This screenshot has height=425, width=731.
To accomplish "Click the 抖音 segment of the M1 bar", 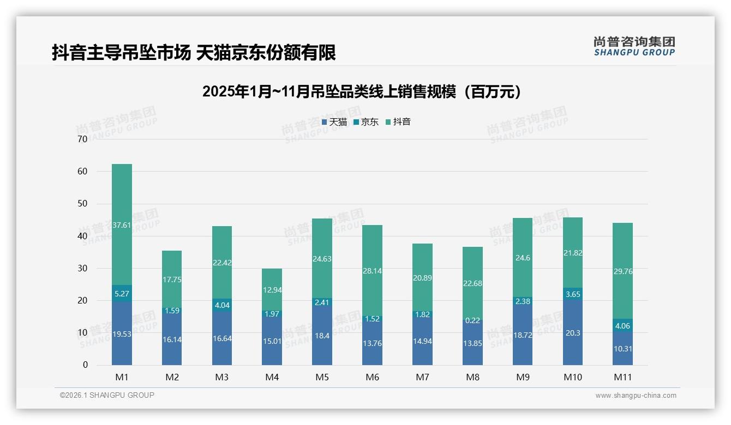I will point(122,224).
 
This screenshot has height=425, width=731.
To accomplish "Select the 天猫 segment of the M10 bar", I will point(572,332).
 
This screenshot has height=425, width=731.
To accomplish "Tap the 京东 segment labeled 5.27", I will point(122,294).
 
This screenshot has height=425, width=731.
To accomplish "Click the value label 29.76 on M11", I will point(622,271).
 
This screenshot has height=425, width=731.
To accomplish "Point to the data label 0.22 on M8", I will point(472,320).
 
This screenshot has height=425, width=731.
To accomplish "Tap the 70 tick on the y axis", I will point(83,139).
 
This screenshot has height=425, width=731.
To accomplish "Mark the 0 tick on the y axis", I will point(85,365).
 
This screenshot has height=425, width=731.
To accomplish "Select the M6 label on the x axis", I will point(372,377).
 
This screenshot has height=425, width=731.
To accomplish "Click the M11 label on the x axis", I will point(622,377).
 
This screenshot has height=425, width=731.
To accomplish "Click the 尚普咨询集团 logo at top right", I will point(634,46).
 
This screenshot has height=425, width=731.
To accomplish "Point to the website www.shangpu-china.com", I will point(636,396).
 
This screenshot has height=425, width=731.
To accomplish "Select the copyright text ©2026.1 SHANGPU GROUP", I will point(107,395).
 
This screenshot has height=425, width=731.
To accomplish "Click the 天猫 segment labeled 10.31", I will point(622,349).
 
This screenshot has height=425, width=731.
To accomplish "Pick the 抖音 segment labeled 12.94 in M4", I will point(272,289).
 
